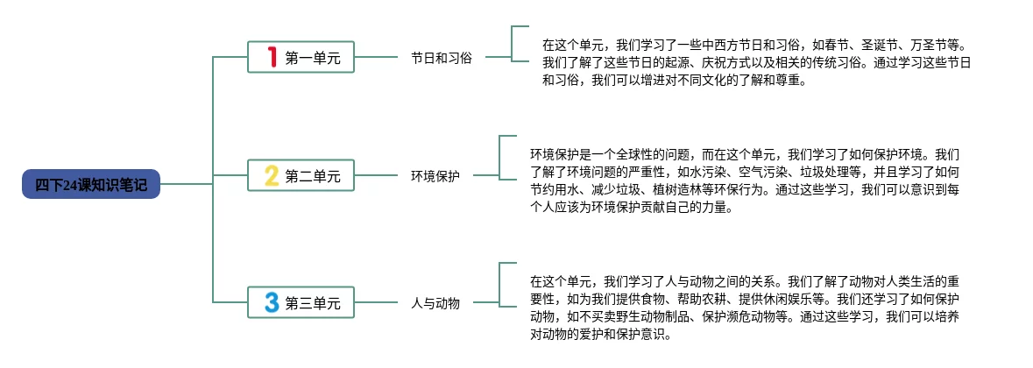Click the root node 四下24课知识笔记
pyautogui.click(x=91, y=184)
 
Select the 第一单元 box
pyautogui.click(x=301, y=58)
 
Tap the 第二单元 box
pyautogui.click(x=301, y=176)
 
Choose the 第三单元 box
pyautogui.click(x=301, y=303)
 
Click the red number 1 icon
pyautogui.click(x=272, y=58)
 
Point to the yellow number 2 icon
pyautogui.click(x=272, y=176)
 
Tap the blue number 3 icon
pyautogui.click(x=272, y=303)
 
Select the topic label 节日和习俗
pyautogui.click(x=442, y=58)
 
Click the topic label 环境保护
pyautogui.click(x=435, y=176)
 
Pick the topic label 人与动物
pyautogui.click(x=435, y=303)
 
